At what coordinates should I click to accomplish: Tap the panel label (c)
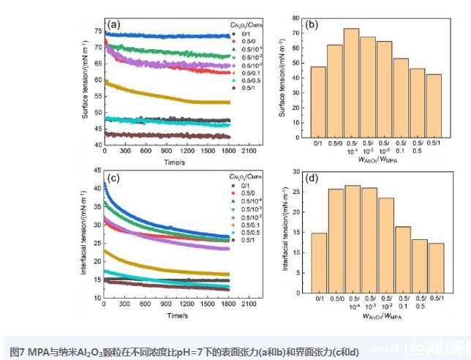tap(115, 179)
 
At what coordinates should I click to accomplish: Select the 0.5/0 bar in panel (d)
tap(336, 238)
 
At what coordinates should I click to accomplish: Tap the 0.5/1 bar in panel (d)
tap(436, 264)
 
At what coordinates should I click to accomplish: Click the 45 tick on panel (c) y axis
tap(98, 172)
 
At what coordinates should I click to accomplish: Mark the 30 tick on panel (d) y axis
tap(301, 171)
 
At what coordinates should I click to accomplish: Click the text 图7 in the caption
tap(18, 351)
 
